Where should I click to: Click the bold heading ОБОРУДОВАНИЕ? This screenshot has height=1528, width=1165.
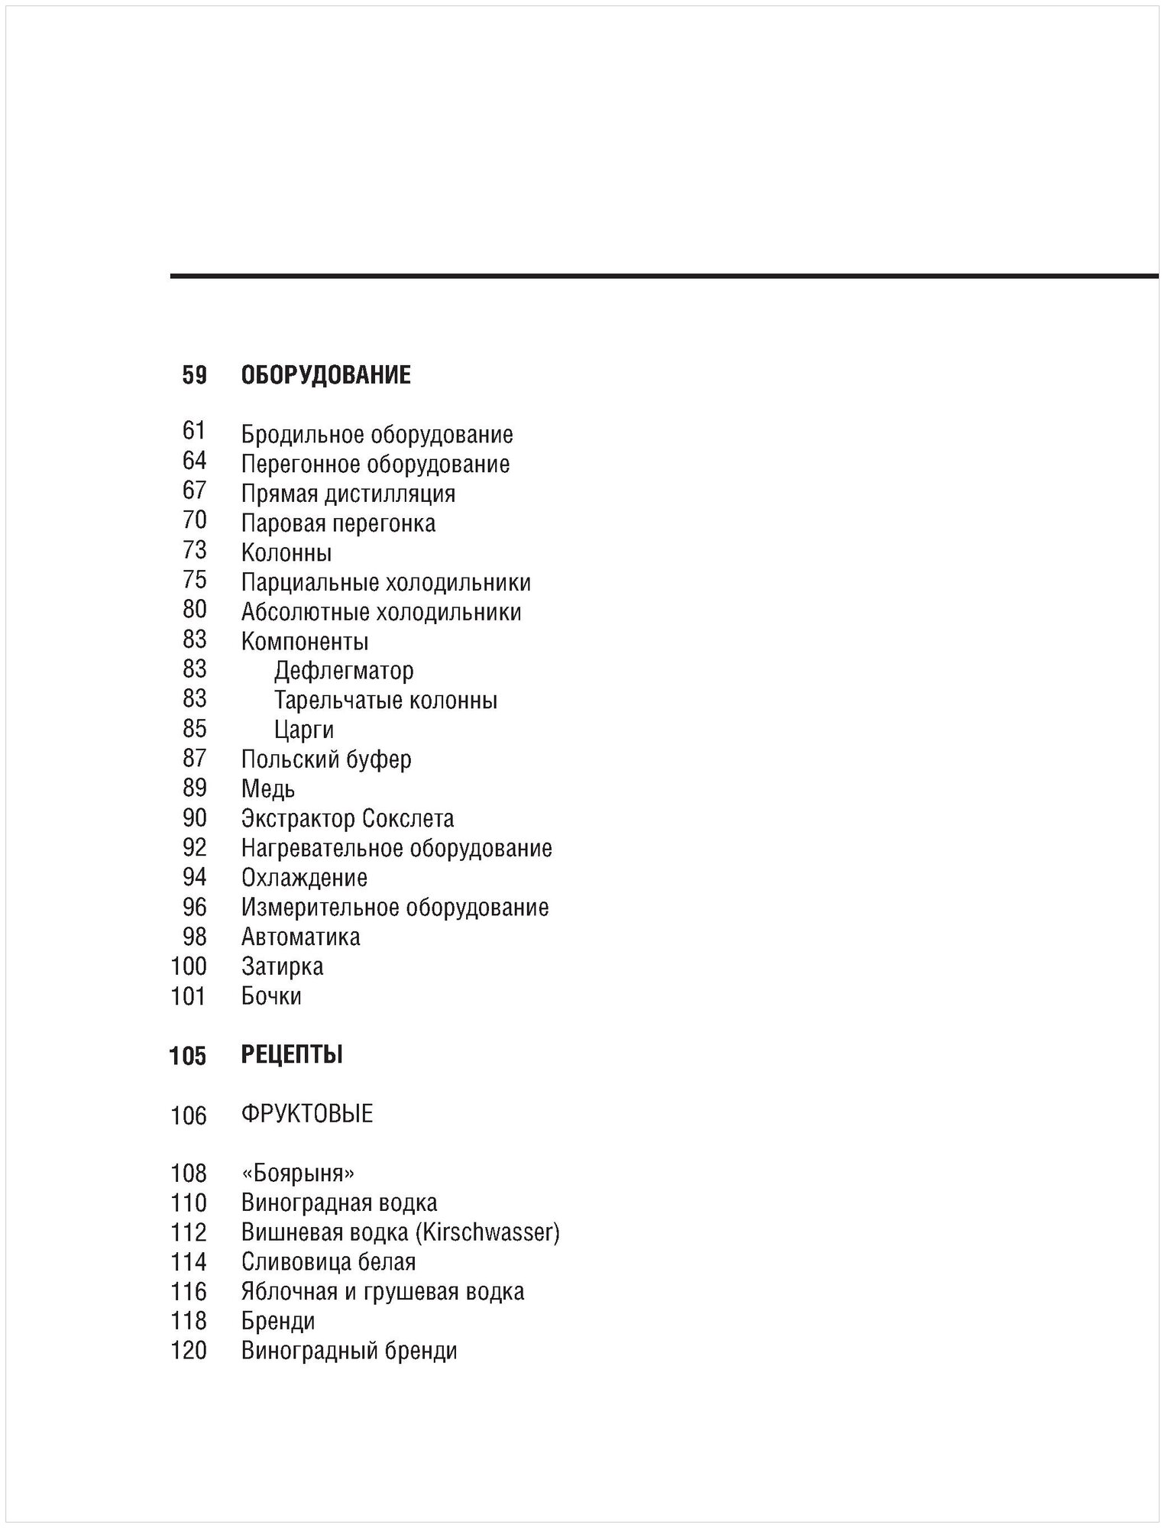[325, 375]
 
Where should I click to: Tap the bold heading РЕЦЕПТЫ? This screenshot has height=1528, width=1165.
[292, 1055]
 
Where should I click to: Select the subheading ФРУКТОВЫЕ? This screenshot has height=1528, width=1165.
[307, 1115]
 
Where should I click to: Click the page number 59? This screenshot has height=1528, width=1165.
[194, 375]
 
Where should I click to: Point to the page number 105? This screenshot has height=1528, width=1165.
[188, 1056]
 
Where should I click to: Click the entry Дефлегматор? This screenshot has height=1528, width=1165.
[344, 671]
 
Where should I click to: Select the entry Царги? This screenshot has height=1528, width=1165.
[304, 730]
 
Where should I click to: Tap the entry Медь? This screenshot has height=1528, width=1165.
[268, 789]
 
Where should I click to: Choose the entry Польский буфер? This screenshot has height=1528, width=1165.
[326, 759]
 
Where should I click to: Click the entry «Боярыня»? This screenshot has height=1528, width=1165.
[298, 1174]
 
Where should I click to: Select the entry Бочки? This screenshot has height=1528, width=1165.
[271, 996]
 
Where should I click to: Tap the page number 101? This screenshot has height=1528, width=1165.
[189, 996]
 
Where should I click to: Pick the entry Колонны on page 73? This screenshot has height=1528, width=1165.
[286, 552]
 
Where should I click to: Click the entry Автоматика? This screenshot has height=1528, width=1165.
[300, 937]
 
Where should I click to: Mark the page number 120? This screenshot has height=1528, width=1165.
[189, 1351]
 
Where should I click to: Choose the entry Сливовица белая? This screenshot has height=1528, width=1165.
[328, 1261]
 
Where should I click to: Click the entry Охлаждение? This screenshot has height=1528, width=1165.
[304, 878]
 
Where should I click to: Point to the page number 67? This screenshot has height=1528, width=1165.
[194, 490]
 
